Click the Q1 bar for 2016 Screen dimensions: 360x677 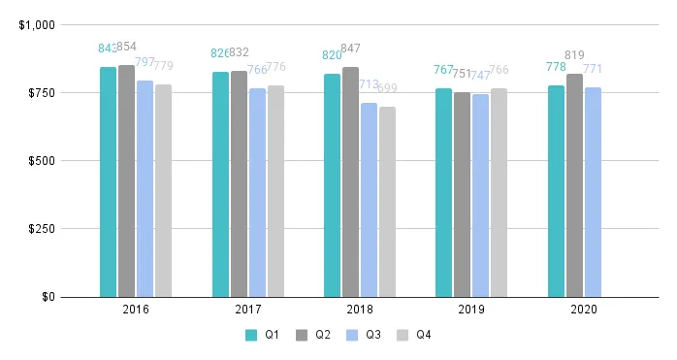(108, 181)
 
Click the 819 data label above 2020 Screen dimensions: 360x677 (574, 55)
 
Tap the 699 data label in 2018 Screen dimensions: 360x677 (387, 88)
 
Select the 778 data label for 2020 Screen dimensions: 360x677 (556, 67)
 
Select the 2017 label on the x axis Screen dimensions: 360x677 (248, 311)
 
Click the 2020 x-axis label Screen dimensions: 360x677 (584, 311)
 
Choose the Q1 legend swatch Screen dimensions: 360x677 (251, 335)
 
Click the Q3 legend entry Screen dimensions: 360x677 (368, 335)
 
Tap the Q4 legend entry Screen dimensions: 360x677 (414, 335)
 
